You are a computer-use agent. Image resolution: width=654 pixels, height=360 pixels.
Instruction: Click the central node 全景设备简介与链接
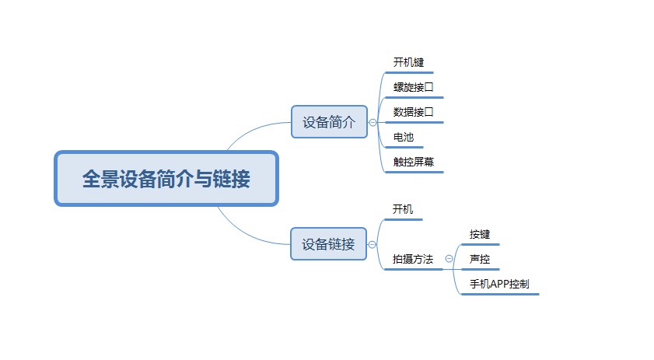[166, 179]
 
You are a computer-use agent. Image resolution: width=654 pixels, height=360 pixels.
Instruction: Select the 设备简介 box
[329, 122]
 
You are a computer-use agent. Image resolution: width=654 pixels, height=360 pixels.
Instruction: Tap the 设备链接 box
[329, 244]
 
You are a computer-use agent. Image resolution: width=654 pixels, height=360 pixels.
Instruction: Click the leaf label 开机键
[408, 62]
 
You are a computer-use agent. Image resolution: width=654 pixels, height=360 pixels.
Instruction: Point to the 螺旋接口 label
[414, 87]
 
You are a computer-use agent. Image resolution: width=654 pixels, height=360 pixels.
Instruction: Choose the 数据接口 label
[414, 112]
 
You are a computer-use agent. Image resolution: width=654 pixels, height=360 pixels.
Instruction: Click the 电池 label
[404, 137]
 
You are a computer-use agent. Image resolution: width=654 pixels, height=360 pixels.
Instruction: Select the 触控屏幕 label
[414, 162]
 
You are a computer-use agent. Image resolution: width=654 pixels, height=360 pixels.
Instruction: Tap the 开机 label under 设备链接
[403, 209]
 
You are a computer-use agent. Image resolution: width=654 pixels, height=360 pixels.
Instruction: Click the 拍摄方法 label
[412, 259]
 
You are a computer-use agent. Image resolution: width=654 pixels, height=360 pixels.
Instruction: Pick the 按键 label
[480, 234]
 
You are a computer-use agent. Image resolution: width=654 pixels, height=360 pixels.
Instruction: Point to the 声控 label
[480, 259]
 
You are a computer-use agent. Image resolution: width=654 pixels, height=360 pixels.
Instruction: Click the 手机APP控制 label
[499, 284]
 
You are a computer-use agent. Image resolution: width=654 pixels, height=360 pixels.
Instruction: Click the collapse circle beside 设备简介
[372, 122]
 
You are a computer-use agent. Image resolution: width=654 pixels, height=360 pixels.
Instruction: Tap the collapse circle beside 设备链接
[372, 244]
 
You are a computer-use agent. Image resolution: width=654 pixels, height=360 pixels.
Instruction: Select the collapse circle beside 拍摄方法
[449, 259]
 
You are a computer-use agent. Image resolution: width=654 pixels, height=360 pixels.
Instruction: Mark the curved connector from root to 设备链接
[247, 235]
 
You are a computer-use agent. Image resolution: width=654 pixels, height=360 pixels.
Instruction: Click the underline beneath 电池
[404, 147]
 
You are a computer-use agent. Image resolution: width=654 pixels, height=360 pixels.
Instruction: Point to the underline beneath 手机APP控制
[500, 294]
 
